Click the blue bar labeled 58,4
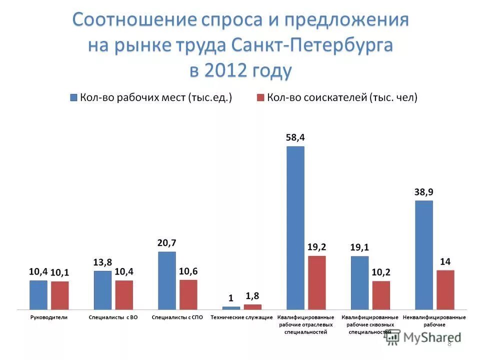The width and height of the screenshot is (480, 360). [x=295, y=227]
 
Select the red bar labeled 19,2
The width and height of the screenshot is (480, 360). [x=316, y=282]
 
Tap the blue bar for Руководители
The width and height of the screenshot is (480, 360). [x=38, y=294]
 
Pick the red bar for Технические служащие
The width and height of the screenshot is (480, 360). [x=252, y=306]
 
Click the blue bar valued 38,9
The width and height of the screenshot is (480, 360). [x=423, y=254]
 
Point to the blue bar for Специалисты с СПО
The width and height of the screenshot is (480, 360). [x=167, y=280]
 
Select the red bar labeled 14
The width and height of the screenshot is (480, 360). [x=445, y=289]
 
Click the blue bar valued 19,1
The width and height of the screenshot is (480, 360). [x=359, y=282]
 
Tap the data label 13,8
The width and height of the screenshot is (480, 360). [x=102, y=262]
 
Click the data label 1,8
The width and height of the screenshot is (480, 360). [x=252, y=296]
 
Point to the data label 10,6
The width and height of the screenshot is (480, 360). [x=188, y=271]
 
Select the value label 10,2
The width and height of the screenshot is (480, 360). [x=381, y=272]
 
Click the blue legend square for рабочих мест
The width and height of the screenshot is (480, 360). [x=74, y=97]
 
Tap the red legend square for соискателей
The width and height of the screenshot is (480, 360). [x=260, y=97]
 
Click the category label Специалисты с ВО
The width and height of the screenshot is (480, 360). [x=113, y=317]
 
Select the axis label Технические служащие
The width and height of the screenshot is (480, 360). [x=241, y=317]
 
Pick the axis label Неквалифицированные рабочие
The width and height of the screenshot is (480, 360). [x=434, y=321]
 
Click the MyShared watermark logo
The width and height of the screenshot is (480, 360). [x=423, y=337]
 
